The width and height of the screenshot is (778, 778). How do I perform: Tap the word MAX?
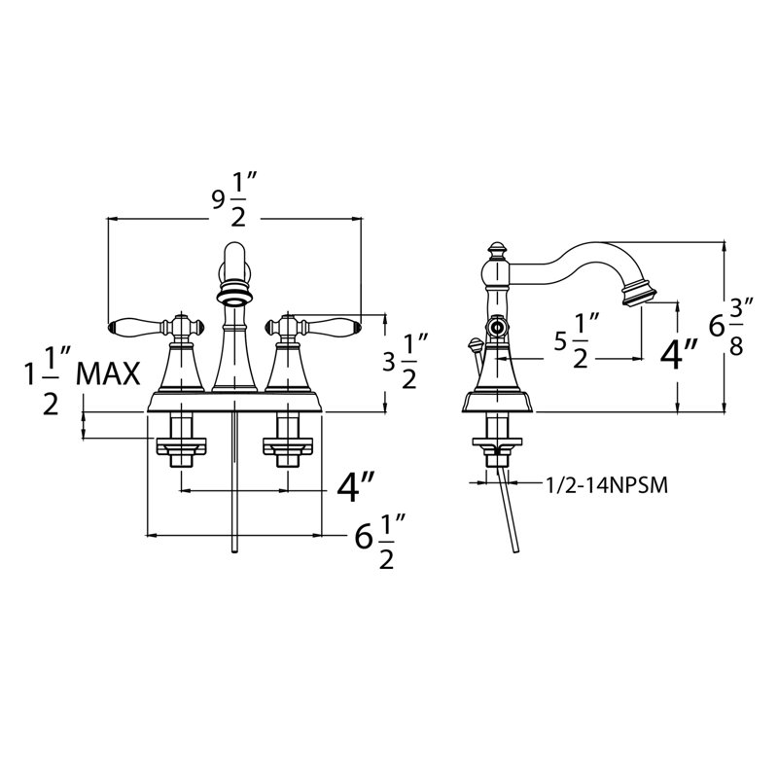tap(109, 373)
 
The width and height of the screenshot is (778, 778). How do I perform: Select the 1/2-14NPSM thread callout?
tap(606, 485)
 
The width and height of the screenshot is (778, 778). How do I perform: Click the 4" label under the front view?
tap(355, 487)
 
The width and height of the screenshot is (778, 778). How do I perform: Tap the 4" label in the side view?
tap(678, 354)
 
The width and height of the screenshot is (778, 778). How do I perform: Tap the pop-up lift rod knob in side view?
tap(476, 345)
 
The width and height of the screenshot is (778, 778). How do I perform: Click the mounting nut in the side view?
tap(497, 445)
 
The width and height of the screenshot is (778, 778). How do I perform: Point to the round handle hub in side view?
tap(496, 328)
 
